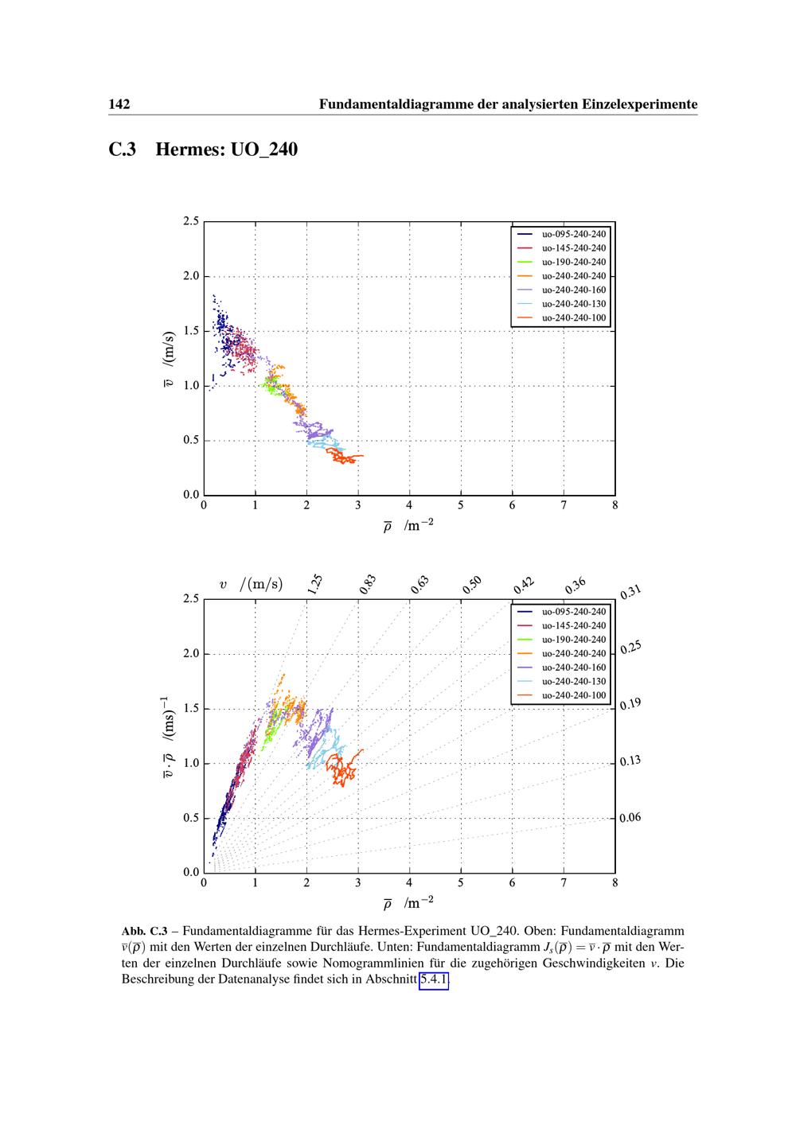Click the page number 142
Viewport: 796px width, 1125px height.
click(119, 104)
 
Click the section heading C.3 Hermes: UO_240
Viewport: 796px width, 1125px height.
click(203, 149)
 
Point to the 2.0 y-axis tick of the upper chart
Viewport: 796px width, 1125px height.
click(190, 277)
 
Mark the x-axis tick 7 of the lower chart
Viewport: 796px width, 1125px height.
click(564, 882)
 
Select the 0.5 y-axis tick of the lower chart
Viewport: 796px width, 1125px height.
click(190, 818)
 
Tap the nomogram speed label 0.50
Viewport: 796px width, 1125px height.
click(472, 585)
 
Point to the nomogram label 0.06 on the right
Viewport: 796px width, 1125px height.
click(630, 818)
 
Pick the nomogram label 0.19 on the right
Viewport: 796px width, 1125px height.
click(630, 704)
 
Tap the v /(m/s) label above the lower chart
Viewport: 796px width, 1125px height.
click(251, 585)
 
